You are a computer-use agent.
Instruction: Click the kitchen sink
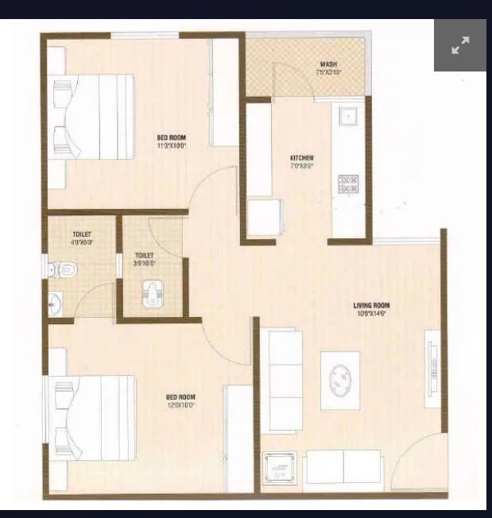pos(347,116)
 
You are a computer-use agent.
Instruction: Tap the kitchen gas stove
pos(348,184)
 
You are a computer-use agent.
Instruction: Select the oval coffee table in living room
pos(340,375)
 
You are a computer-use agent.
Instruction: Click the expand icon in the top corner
pos(460,45)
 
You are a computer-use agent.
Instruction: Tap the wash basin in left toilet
pos(55,303)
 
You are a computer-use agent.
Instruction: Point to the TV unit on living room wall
pos(433,369)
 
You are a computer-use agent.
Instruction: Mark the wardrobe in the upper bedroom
pos(226,92)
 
